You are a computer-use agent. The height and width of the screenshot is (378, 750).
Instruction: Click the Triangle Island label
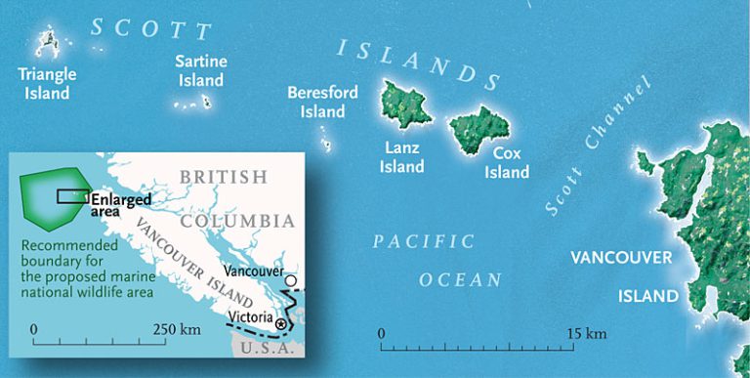click(x=47, y=84)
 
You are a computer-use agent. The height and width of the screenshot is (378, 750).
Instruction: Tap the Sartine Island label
click(x=200, y=71)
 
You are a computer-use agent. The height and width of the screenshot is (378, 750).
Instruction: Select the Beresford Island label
click(x=322, y=102)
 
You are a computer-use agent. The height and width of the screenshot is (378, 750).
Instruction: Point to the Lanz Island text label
click(x=402, y=158)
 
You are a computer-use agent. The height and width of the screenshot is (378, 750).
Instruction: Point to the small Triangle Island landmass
click(x=46, y=42)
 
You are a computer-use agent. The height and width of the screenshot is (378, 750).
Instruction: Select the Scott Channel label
click(x=596, y=147)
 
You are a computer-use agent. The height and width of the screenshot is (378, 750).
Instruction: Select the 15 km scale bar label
click(x=589, y=334)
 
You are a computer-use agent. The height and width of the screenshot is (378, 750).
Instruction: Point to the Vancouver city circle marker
click(x=290, y=282)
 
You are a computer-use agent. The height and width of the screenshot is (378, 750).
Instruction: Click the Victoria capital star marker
click(x=281, y=323)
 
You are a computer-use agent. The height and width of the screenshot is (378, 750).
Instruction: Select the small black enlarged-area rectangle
click(x=73, y=195)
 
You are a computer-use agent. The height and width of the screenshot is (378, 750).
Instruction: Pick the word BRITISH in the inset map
click(x=224, y=177)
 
